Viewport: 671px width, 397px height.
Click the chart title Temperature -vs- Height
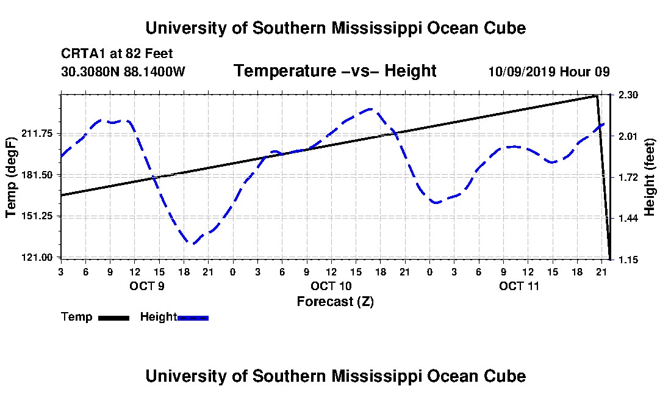(335, 71)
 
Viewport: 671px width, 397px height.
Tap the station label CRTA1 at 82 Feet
(117, 54)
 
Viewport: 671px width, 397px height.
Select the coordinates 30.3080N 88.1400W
(123, 71)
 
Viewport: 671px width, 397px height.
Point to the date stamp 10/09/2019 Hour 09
(549, 71)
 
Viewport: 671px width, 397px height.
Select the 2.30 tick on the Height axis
(628, 95)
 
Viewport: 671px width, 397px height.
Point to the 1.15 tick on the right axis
(628, 260)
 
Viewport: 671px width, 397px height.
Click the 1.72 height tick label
(628, 177)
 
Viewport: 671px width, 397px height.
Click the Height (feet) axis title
(650, 177)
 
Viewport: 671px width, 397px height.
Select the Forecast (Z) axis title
(335, 302)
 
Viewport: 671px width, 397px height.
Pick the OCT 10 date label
(331, 286)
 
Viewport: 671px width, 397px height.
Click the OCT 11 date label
(519, 286)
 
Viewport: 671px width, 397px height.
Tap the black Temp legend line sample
(113, 318)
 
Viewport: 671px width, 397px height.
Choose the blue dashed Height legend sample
(193, 318)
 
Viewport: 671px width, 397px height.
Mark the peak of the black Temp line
(597, 95)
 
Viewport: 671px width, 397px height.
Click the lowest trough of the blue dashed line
(193, 244)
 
